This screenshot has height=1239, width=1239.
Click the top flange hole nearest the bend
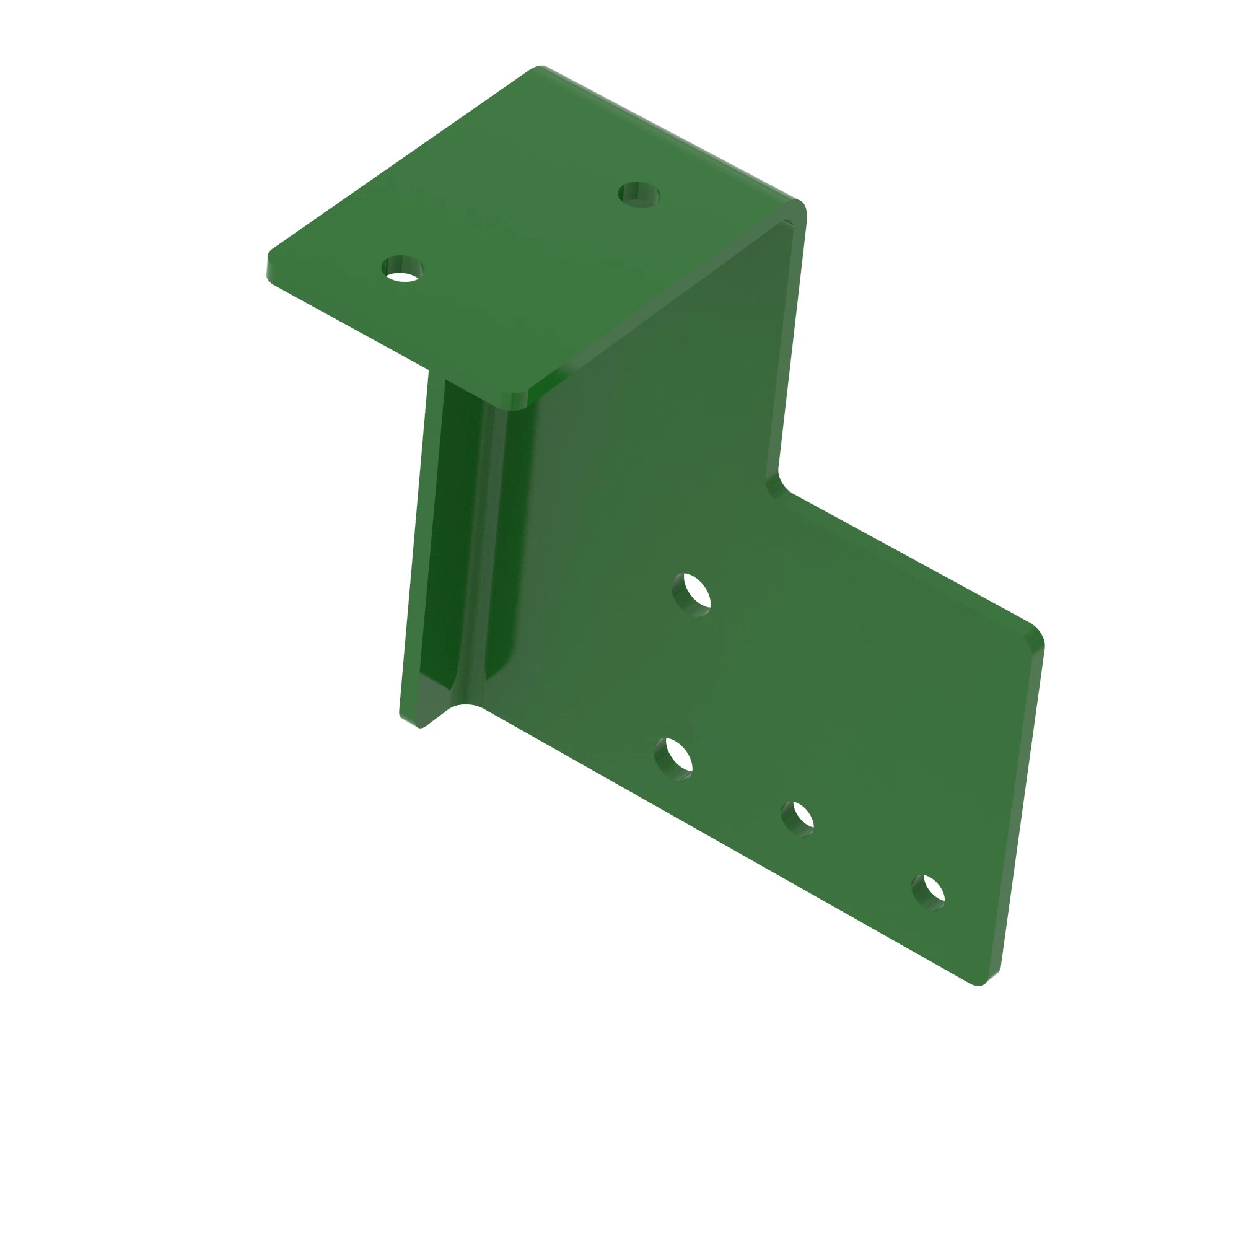639,195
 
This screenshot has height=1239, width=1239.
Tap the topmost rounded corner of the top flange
541,68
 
